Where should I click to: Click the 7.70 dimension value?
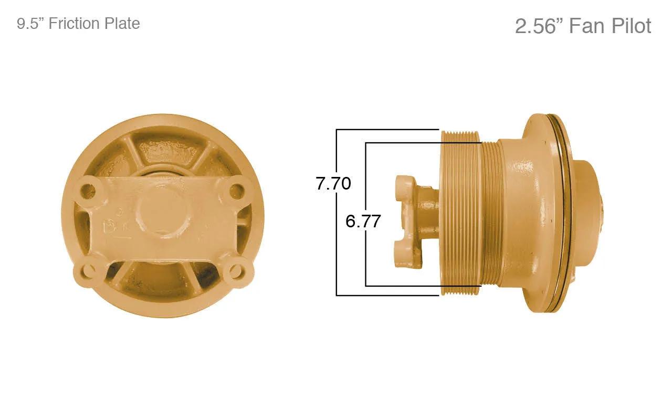pos(333,183)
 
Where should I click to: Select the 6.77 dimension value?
pos(363,221)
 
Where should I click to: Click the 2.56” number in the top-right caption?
pos(539,26)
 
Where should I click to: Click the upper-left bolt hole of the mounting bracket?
pos(88,190)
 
